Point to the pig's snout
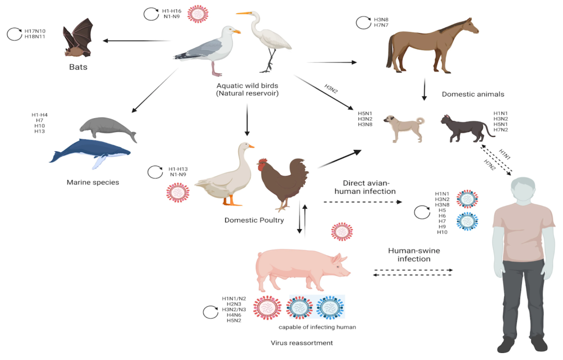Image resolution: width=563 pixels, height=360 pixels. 347,273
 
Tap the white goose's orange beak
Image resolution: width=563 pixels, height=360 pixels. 251,146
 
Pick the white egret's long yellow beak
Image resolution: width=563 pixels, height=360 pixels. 244,13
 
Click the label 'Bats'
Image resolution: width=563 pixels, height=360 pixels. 78,67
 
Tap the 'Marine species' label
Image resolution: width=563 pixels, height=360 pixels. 93,182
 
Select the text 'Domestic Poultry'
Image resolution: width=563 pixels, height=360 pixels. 254,220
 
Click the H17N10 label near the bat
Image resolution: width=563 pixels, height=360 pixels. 35,31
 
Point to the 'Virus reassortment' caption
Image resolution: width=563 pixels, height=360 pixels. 302,343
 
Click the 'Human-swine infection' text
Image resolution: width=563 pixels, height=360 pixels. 414,255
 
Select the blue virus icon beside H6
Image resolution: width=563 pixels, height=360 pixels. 467,221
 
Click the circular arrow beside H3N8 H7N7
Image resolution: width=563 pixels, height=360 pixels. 363,23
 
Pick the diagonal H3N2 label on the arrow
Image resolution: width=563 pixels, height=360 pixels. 331,88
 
